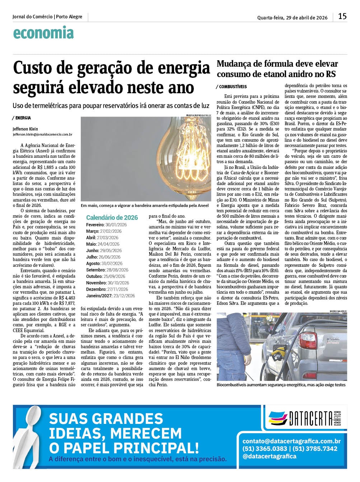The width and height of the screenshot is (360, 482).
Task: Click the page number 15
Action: pos(342,16)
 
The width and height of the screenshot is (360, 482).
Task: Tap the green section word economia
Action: pos(43,33)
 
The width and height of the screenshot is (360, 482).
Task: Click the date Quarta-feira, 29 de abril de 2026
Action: pos(292,17)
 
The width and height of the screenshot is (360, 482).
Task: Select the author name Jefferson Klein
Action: pos(25,129)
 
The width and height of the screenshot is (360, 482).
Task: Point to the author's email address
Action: pos(42,134)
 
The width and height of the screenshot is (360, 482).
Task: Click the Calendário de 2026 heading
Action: pos(112,217)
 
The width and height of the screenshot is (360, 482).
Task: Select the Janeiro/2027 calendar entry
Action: pos(111,296)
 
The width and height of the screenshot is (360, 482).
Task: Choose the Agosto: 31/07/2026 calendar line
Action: pos(104,263)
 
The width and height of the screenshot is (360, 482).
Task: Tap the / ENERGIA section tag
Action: pos(22,118)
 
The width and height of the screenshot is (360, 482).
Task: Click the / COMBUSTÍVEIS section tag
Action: pos(232,87)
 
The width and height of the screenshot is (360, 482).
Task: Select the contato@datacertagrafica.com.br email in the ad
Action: pos(291,441)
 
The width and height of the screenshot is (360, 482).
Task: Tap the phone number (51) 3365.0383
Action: pos(265,449)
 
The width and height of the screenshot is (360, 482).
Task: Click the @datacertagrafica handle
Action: pos(270,456)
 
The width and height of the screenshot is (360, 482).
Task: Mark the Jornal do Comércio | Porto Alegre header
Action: pos(47,17)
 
